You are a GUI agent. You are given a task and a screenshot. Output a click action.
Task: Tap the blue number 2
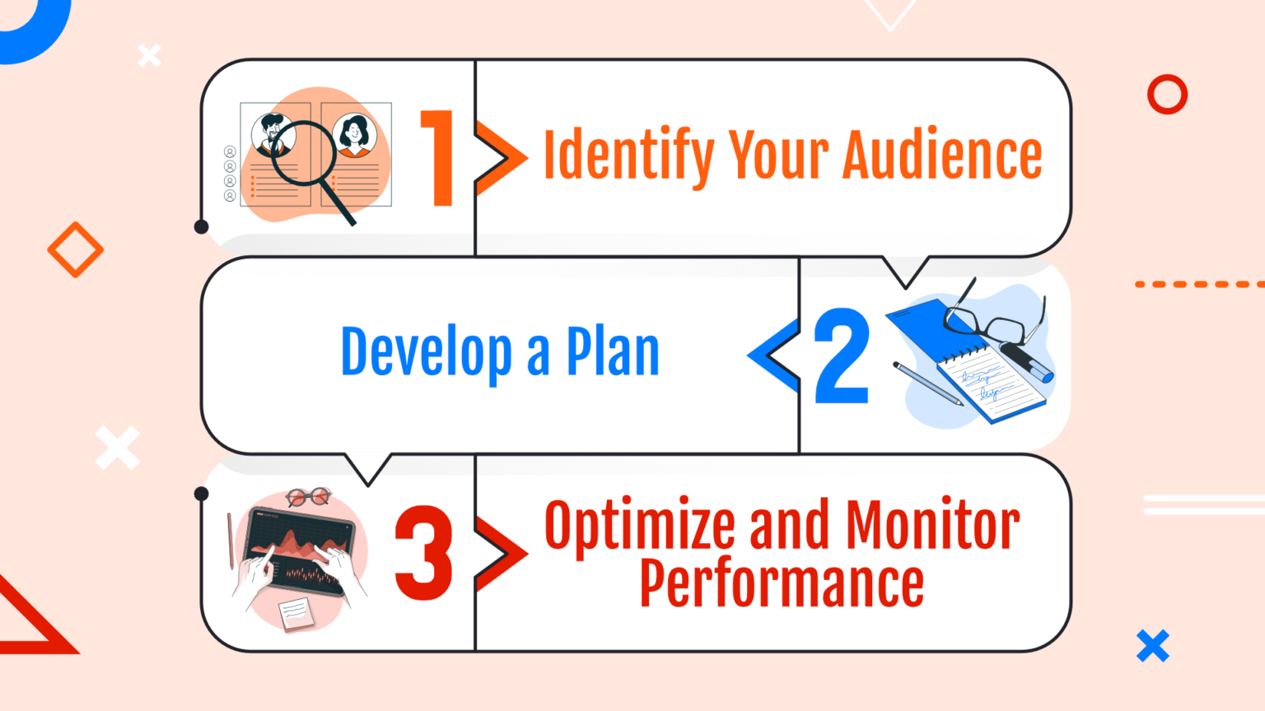click(x=842, y=356)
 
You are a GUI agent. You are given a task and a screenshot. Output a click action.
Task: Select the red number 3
click(x=423, y=552)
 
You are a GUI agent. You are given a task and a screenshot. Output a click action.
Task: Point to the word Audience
click(x=943, y=155)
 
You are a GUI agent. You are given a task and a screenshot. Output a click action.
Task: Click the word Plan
click(x=613, y=352)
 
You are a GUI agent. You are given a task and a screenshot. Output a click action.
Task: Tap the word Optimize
click(x=639, y=527)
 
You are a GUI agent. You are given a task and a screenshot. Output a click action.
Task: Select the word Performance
click(x=782, y=583)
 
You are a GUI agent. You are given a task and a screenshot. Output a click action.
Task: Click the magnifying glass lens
click(x=303, y=152)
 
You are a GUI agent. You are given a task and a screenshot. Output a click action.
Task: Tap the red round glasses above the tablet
click(x=308, y=496)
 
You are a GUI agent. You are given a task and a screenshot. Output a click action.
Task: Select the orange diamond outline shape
click(x=75, y=249)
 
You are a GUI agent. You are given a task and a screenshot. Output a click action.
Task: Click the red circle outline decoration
click(x=1167, y=95)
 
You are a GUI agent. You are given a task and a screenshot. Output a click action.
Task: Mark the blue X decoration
click(x=1153, y=646)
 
